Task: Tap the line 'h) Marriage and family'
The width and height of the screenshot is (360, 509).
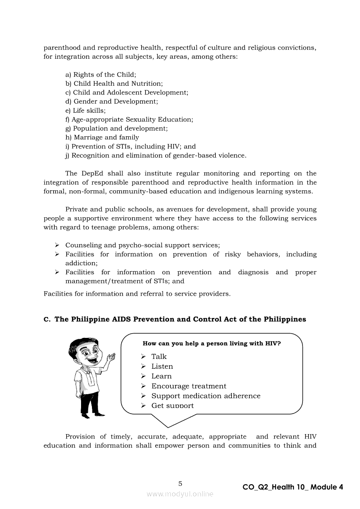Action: coord(102,137)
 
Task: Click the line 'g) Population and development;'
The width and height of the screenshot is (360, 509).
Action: coord(116,128)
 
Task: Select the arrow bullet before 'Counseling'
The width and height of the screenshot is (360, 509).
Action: coord(57,245)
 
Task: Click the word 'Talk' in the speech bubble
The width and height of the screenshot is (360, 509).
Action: coord(159,357)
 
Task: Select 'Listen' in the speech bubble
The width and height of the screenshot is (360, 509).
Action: coord(162,367)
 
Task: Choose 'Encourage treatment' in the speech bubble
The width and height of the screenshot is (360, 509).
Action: coord(189,386)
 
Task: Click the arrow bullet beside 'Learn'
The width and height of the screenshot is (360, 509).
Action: coord(143,376)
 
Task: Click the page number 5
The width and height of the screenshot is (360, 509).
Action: coord(180,483)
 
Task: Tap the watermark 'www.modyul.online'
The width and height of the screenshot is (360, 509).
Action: coord(180,494)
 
